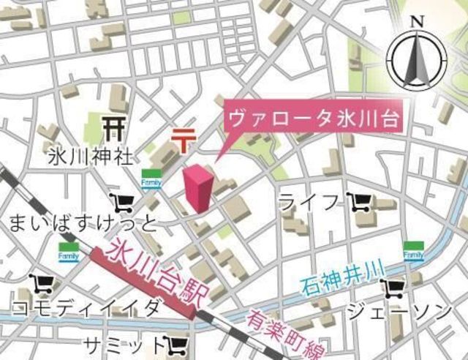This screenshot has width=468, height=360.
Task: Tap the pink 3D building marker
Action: point(199,189)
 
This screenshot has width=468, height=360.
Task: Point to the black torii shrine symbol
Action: point(113,128)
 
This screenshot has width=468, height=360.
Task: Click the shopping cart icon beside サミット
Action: point(178,343)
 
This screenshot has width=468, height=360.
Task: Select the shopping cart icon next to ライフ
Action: point(358,200)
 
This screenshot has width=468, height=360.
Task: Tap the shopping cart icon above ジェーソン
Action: point(398,287)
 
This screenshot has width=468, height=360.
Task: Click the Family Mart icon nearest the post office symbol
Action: point(151,179)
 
